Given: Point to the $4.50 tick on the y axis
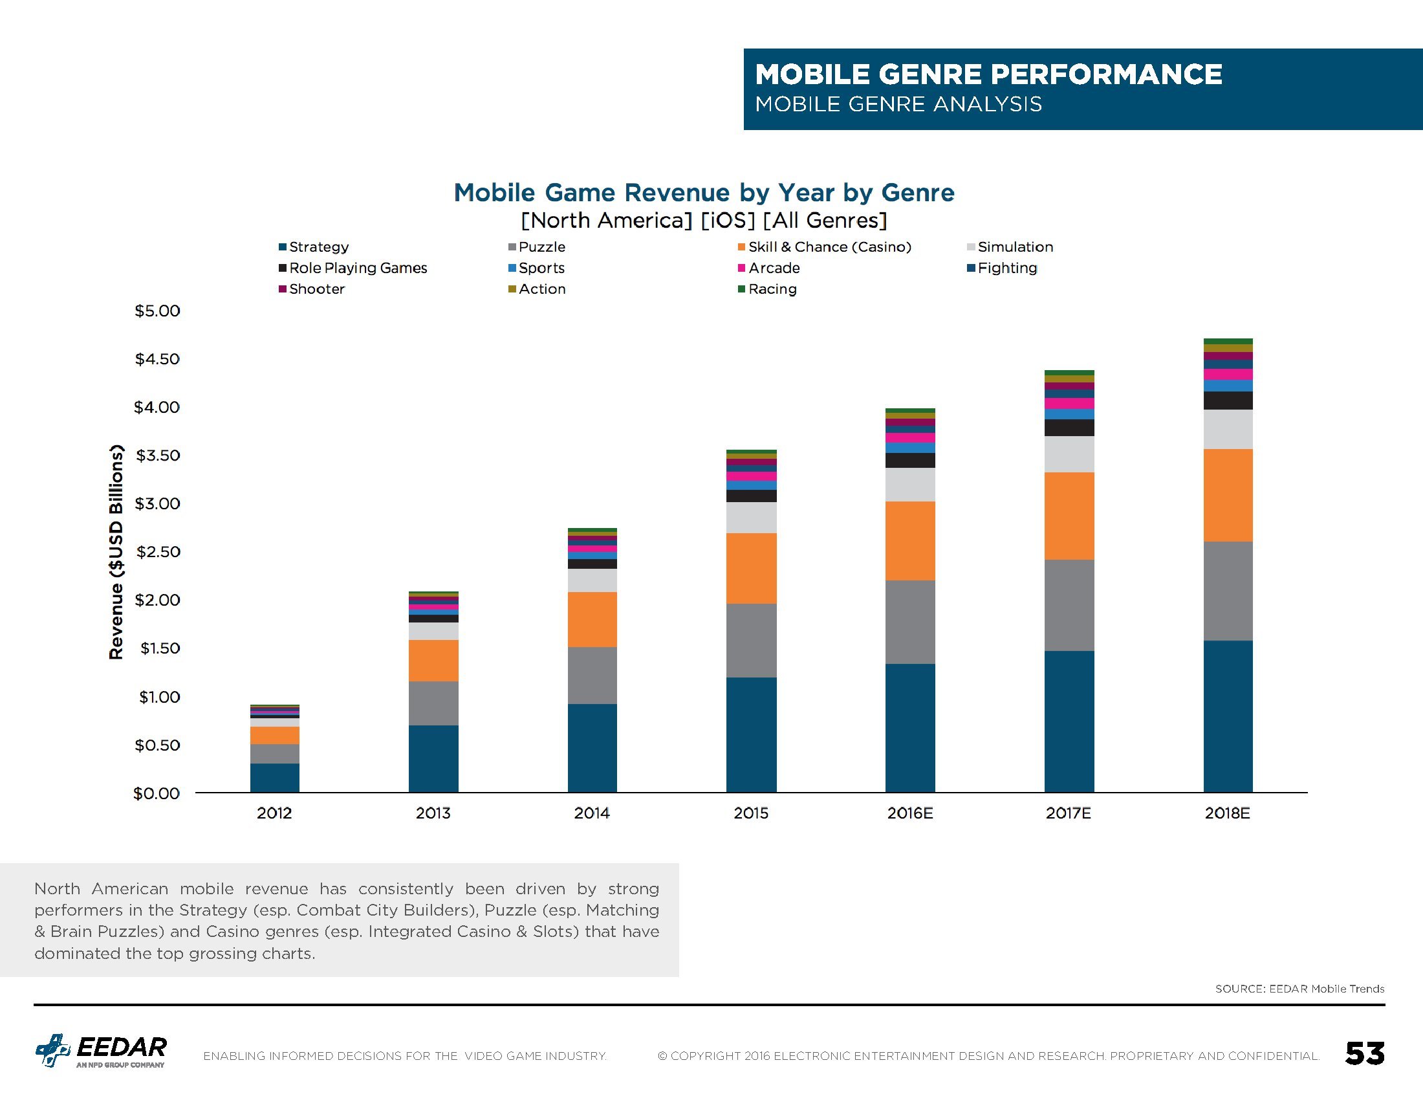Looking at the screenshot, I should click(x=157, y=359).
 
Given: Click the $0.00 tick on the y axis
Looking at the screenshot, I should click(x=157, y=793).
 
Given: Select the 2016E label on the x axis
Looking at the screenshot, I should click(x=909, y=813).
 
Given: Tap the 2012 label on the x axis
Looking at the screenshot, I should click(x=274, y=813).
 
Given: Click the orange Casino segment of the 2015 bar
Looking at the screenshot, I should click(x=751, y=568).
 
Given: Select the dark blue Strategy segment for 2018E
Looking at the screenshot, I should click(x=1228, y=716).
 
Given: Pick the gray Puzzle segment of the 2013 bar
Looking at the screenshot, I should click(x=433, y=703).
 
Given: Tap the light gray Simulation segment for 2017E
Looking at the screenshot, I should click(x=1069, y=454).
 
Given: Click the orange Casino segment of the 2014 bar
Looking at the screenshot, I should click(x=592, y=619).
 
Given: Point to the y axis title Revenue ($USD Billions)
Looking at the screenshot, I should click(x=116, y=551).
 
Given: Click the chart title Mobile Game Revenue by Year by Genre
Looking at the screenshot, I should click(x=704, y=193).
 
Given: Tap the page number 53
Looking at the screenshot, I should click(x=1364, y=1053).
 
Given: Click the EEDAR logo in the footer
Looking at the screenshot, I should click(x=101, y=1050).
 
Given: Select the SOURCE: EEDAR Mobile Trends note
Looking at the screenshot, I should click(x=1299, y=989).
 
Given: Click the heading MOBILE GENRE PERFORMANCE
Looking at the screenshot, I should click(x=988, y=74).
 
